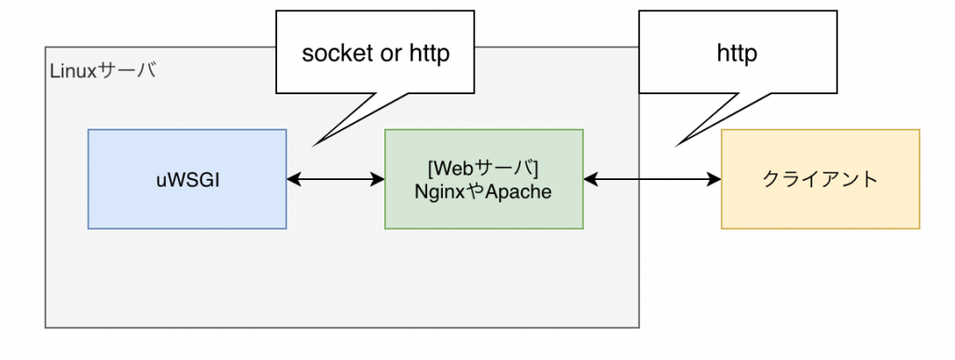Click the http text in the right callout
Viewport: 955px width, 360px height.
point(737,53)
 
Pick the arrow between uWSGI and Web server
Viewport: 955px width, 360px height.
point(336,179)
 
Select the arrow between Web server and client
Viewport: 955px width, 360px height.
point(652,179)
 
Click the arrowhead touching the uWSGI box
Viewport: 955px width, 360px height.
point(293,179)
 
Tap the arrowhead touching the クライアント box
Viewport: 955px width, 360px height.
point(714,179)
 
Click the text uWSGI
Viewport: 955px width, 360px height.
point(187,179)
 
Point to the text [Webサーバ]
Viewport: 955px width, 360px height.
point(483,169)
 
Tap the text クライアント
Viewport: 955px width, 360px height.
point(820,179)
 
